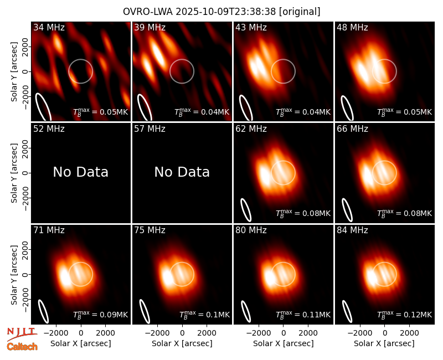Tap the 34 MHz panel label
click(49, 27)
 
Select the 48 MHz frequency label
click(352, 27)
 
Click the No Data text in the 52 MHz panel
click(80, 172)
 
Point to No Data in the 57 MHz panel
click(182, 172)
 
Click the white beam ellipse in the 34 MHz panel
click(43, 107)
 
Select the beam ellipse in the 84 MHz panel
click(347, 311)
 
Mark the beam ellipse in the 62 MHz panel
click(246, 210)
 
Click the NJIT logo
click(22, 334)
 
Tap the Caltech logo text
click(22, 347)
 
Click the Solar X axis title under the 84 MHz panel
click(384, 343)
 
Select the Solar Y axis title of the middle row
click(14, 173)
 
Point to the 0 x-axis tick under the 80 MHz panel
click(284, 333)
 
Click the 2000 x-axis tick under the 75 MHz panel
click(207, 333)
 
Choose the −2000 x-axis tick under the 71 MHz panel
click(53, 333)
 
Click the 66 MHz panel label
click(352, 129)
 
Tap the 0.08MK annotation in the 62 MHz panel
click(303, 213)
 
